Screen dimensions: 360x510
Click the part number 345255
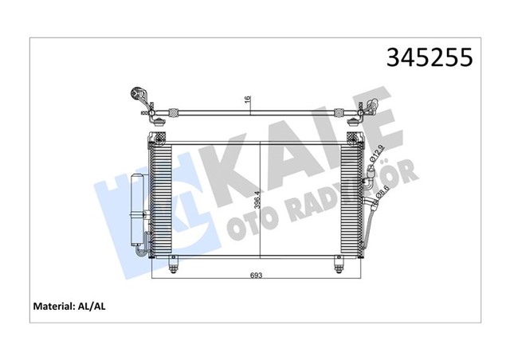pos(430,57)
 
